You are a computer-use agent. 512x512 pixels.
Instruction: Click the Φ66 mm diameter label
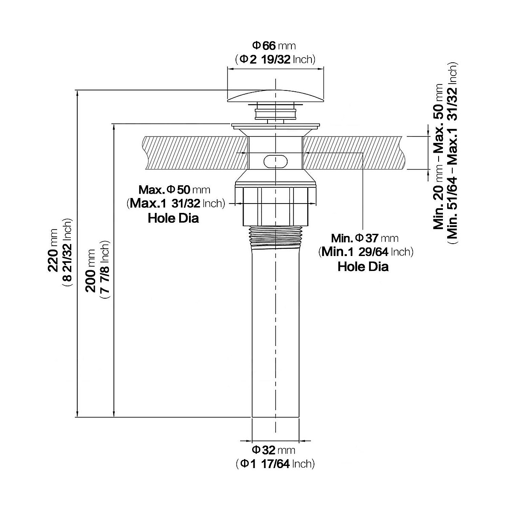(x=274, y=46)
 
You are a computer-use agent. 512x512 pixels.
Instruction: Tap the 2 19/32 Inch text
(x=275, y=59)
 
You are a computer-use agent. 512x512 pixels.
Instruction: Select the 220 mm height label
(x=53, y=250)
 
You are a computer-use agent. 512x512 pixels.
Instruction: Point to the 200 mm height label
(x=90, y=271)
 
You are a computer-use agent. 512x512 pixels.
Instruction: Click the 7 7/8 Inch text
(x=105, y=270)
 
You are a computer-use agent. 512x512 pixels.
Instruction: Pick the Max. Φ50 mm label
(x=175, y=190)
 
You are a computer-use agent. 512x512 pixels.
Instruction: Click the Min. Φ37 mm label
(x=365, y=238)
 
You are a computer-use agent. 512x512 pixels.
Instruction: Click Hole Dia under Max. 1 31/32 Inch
(x=173, y=218)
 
